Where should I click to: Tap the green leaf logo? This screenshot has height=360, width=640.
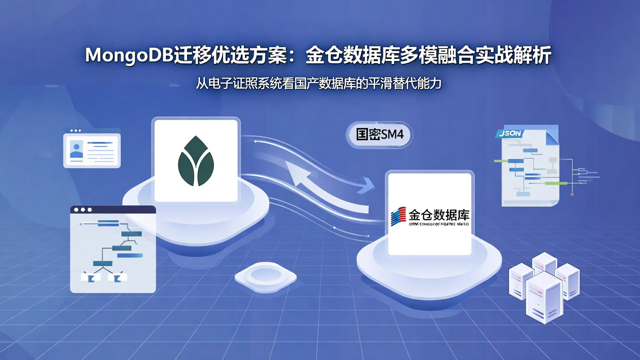coord(196,161)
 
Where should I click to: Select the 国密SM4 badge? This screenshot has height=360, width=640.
coord(380,134)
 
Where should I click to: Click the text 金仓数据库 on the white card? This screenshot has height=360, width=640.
coord(439,215)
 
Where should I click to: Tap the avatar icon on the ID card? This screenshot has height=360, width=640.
coord(76,149)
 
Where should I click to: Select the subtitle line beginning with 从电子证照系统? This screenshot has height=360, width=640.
coord(319,83)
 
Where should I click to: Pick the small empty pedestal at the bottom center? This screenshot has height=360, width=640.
coord(265,276)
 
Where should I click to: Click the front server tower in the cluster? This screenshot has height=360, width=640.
coord(544,298)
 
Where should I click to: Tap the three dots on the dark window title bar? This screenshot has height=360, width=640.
coord(83,210)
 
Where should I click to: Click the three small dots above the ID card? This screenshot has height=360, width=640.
coord(76,131)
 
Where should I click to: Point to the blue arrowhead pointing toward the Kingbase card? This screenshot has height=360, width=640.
coord(368,184)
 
